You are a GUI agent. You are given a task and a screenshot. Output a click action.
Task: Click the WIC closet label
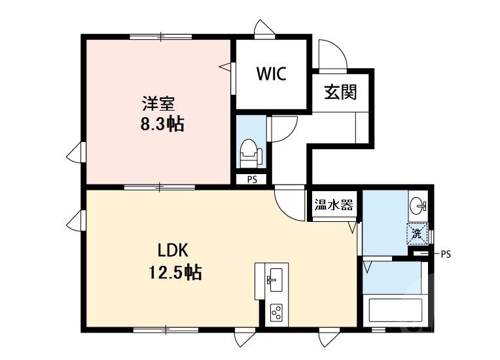pyautogui.click(x=271, y=74)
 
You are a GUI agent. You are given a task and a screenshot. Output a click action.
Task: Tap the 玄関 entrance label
pyautogui.click(x=340, y=92)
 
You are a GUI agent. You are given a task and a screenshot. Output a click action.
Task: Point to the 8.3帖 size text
pyautogui.click(x=161, y=124)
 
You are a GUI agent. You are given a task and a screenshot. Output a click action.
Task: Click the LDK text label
pyautogui.click(x=173, y=250)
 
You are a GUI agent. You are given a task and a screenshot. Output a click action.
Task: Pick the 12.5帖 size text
pyautogui.click(x=173, y=272)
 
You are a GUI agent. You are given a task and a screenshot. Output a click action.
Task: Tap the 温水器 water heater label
pyautogui.click(x=334, y=205)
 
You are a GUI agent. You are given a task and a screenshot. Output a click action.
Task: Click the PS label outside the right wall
pyautogui.click(x=446, y=253)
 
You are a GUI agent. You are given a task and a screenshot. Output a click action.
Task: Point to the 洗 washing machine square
pyautogui.click(x=417, y=233)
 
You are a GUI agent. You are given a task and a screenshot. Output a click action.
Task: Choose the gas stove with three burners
pyautogui.click(x=276, y=313)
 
